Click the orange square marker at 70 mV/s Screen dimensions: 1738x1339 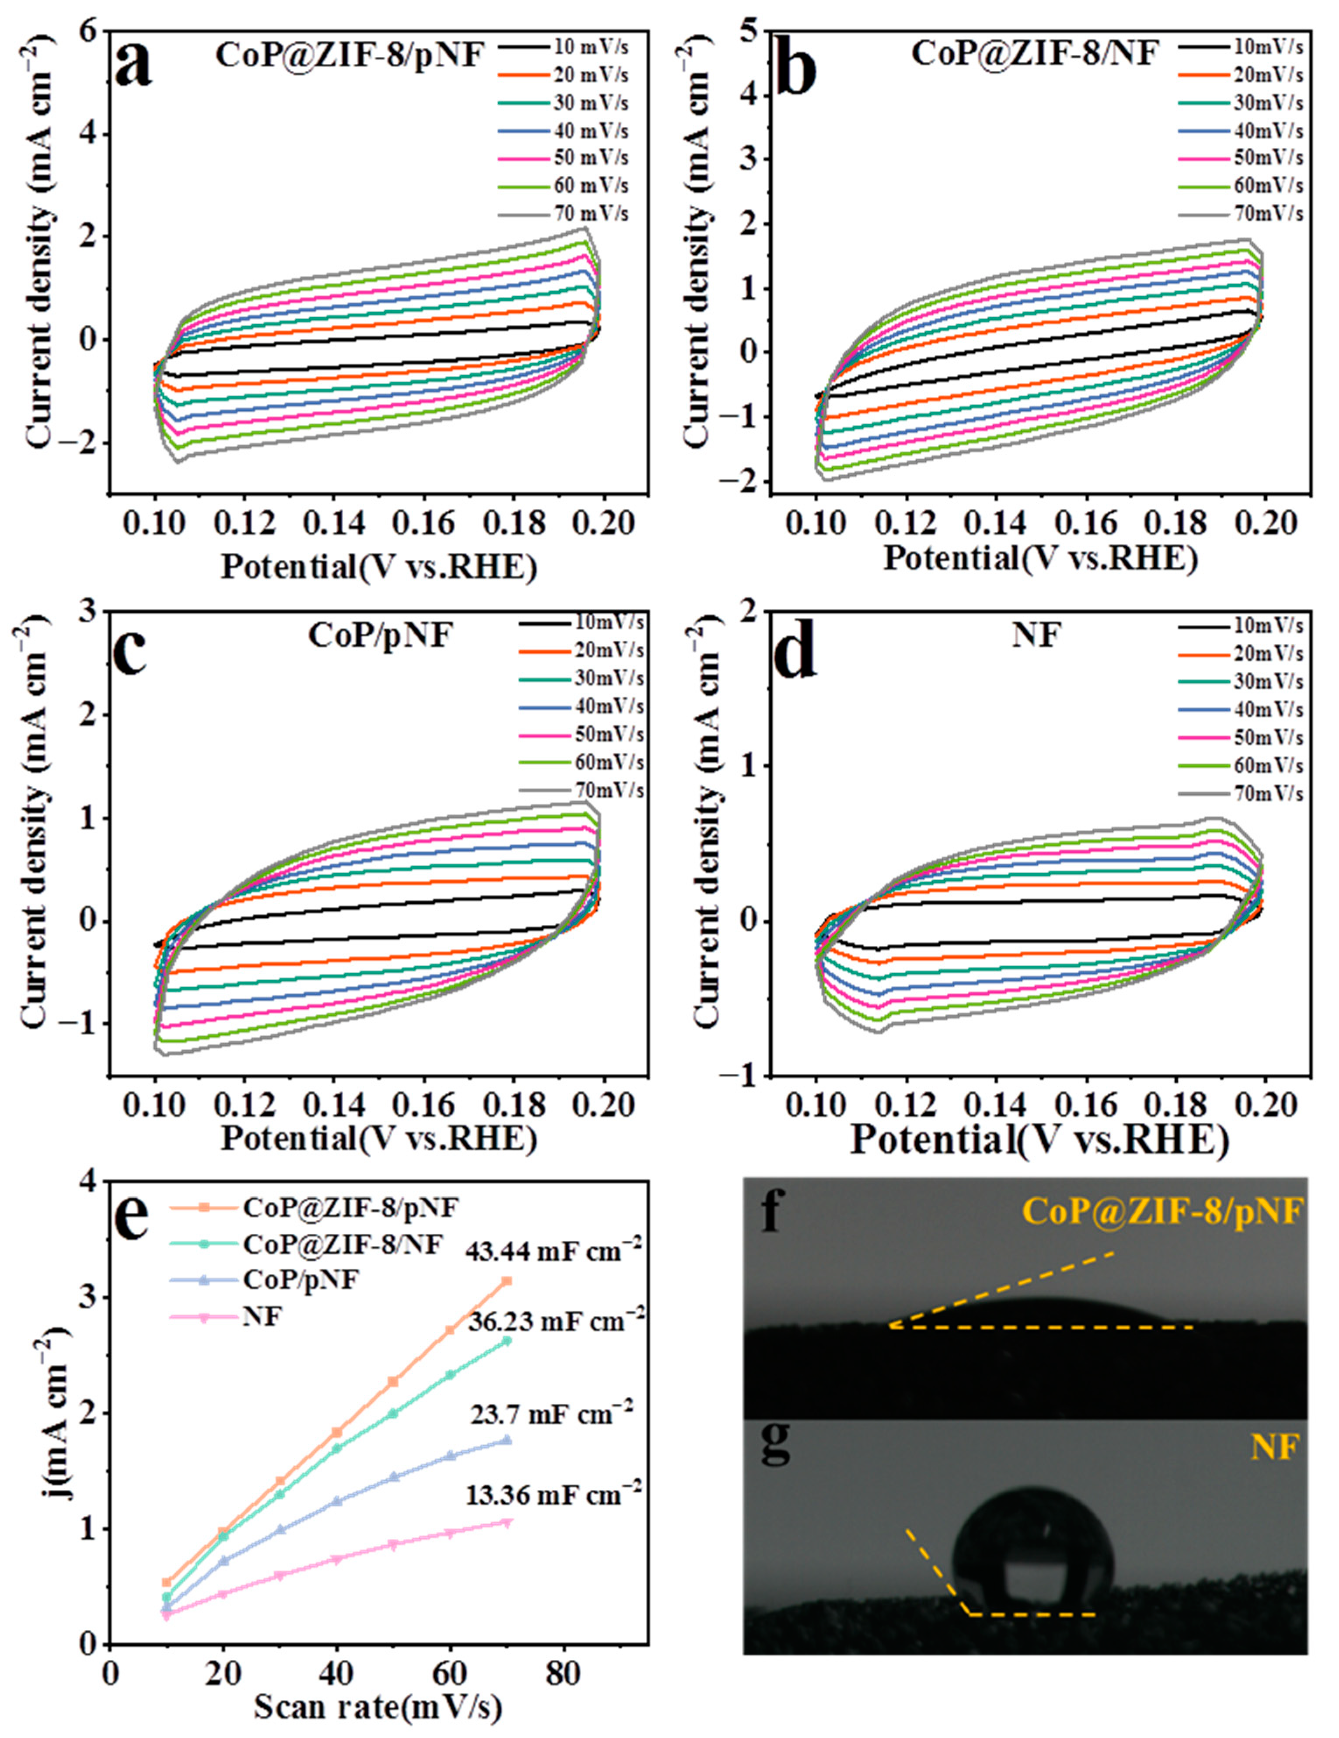pyautogui.click(x=506, y=1280)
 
